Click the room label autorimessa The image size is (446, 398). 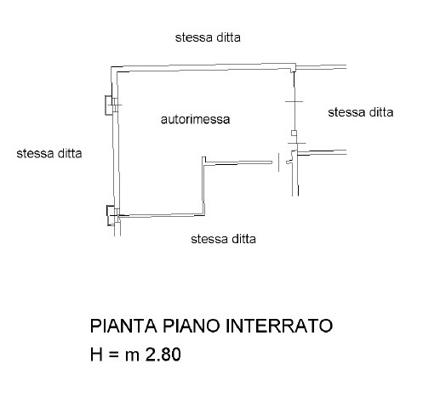(195, 119)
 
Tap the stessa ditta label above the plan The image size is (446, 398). (208, 37)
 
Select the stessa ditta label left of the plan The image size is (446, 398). (49, 154)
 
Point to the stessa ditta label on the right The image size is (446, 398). (361, 112)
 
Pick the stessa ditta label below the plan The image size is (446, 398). (223, 239)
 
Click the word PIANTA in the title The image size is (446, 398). (123, 326)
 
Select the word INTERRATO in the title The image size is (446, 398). (279, 326)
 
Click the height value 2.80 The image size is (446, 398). (163, 355)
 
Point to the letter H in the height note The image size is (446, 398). (96, 355)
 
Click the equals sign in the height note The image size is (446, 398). (113, 355)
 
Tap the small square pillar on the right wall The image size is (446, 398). (294, 133)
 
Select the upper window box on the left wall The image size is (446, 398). (108, 105)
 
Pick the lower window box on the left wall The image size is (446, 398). (110, 215)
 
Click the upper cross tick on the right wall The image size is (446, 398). (294, 101)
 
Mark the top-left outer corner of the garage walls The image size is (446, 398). (111, 67)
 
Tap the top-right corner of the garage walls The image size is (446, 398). (295, 65)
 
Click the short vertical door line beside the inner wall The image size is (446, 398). (278, 162)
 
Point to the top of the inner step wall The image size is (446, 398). (203, 157)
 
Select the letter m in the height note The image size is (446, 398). (132, 356)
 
